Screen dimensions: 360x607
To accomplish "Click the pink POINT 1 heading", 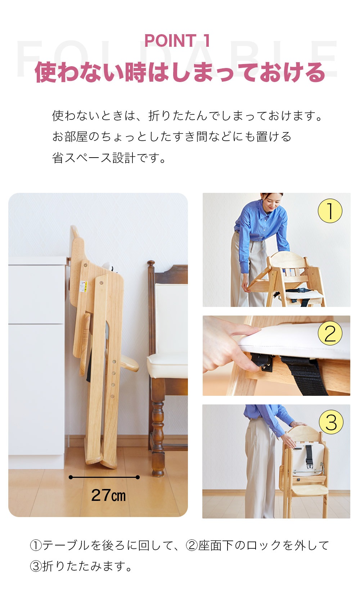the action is tap(177, 41).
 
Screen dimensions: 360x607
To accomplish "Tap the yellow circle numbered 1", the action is tap(330, 211).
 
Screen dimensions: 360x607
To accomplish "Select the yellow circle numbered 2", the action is tap(330, 333).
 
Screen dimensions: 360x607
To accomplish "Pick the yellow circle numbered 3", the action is tap(331, 422).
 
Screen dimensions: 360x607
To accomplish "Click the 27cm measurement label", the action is tap(108, 495).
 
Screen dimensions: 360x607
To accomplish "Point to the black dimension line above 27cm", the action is tap(104, 477).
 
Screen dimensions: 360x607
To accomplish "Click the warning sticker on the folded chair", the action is tap(83, 286).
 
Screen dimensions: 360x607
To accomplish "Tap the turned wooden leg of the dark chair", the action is tap(158, 434).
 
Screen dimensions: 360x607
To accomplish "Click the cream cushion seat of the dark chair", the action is tap(167, 365).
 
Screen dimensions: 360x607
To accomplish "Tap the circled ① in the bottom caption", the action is tap(36, 545).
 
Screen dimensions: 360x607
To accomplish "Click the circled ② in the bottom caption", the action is tap(192, 545).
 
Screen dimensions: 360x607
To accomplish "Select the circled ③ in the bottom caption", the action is tap(36, 566).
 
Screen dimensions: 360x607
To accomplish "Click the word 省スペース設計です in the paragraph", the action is tap(109, 158).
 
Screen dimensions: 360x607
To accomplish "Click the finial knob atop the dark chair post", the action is tap(151, 263).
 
